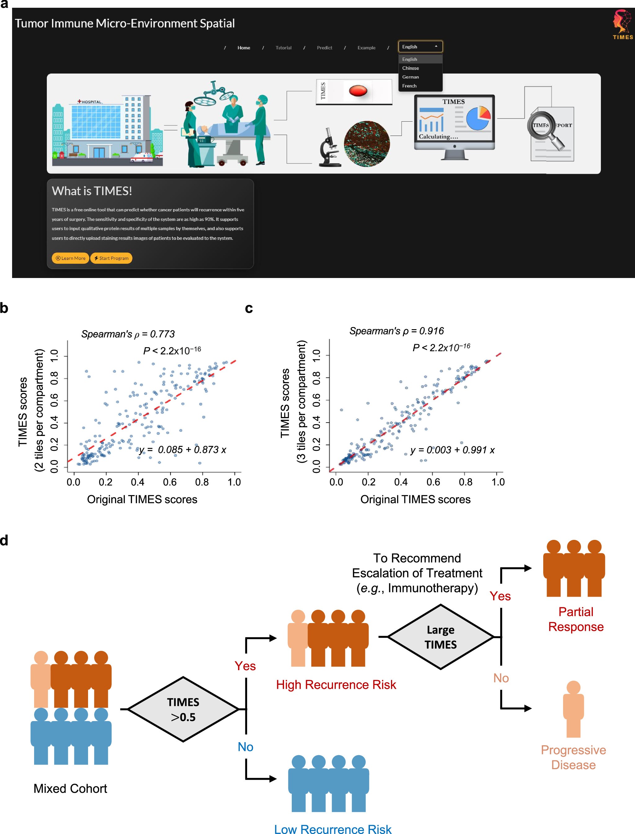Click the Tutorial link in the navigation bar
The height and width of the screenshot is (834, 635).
point(283,48)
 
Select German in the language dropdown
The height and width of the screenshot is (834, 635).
point(410,77)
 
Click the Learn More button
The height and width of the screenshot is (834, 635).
point(70,258)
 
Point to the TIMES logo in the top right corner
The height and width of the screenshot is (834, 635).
point(623,24)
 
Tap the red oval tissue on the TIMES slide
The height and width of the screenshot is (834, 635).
point(357,91)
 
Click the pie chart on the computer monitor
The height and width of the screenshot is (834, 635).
point(478,118)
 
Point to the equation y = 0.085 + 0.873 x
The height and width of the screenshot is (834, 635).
point(183,449)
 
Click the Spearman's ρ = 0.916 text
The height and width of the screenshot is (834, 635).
point(396,331)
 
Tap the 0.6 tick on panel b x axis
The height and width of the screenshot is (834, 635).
point(170,482)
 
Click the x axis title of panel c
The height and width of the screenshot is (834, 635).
point(415,499)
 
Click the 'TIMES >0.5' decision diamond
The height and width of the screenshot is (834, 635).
point(183,709)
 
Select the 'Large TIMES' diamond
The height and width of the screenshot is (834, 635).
point(440,637)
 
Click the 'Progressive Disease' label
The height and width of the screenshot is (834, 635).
point(573,757)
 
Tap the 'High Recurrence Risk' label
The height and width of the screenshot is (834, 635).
point(336,684)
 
